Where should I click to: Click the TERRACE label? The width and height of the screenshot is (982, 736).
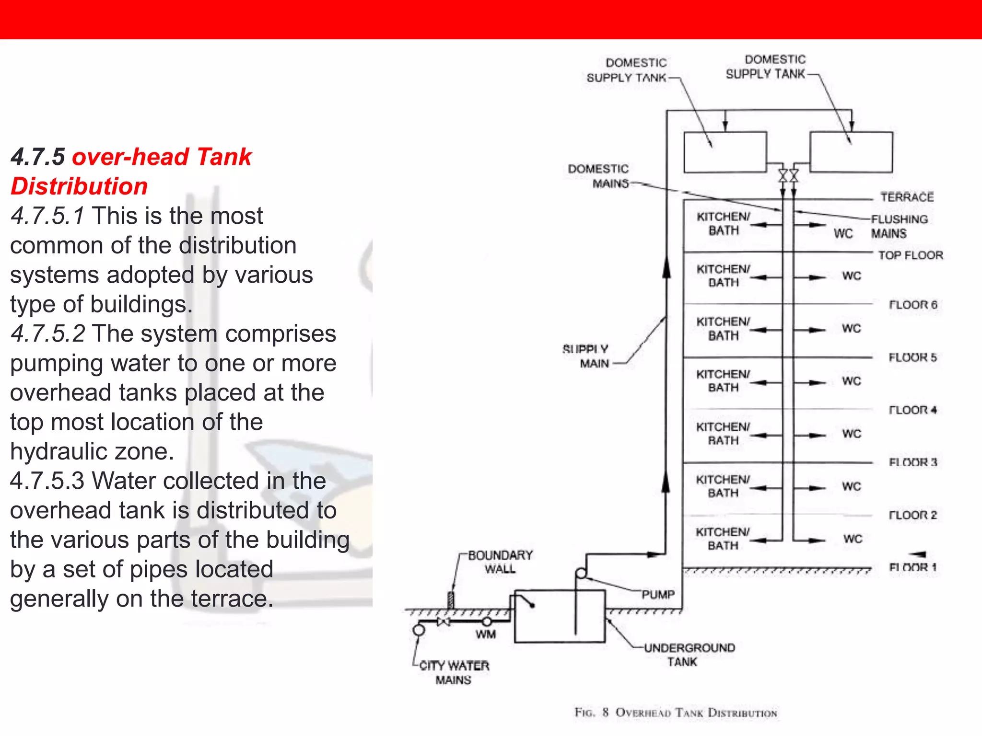tap(907, 197)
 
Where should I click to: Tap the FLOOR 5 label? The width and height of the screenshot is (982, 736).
tap(912, 357)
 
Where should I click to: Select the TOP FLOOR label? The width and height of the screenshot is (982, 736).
tap(910, 255)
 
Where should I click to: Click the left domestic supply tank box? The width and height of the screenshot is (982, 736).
tap(725, 152)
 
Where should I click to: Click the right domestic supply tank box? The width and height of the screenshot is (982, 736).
tap(851, 152)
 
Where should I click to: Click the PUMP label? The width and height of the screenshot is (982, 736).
tap(658, 595)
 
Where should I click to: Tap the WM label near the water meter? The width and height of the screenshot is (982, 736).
tap(485, 634)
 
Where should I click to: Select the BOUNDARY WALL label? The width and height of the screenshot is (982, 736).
tap(500, 562)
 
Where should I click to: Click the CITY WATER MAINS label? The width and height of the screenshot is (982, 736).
tap(454, 673)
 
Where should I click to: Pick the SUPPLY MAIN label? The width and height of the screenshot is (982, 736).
tap(585, 356)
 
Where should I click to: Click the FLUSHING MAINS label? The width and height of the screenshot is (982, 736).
tap(899, 226)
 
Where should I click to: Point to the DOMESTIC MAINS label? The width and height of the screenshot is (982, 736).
tap(598, 176)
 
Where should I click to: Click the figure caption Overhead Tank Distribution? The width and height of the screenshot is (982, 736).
tap(676, 713)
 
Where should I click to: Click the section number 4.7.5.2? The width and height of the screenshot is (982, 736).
tap(48, 333)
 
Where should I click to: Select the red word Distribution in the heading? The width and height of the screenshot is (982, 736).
tap(79, 186)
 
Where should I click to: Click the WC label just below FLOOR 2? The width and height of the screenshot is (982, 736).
tap(853, 539)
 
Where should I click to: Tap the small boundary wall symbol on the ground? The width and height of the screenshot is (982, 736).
tap(451, 600)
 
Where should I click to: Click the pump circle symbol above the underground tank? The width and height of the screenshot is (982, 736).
tap(581, 573)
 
